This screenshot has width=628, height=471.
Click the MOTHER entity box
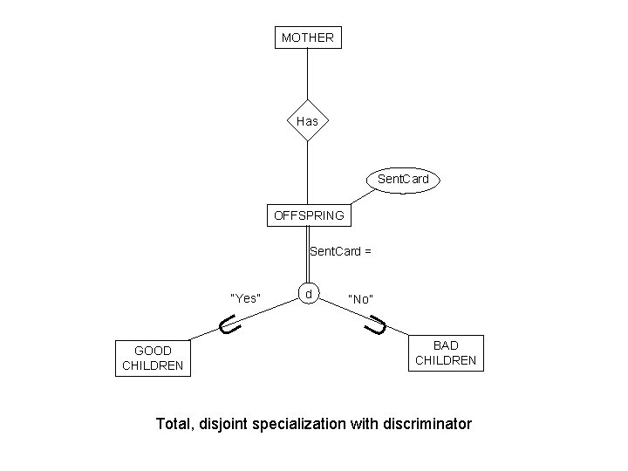pos(307,38)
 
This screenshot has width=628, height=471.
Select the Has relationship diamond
pos(307,122)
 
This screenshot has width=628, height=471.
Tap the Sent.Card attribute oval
pos(403,180)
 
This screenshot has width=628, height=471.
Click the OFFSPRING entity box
pos(309,215)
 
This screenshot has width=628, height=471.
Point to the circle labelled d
pos(309,294)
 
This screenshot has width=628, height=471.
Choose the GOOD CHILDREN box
pos(153,358)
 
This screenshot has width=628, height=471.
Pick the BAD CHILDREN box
pos(446,353)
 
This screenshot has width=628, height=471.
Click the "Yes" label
pos(244,298)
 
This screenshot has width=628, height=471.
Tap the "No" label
pos(361,299)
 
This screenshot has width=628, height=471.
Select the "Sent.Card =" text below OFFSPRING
pos(341,252)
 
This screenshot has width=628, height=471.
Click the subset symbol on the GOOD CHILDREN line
pos(229,327)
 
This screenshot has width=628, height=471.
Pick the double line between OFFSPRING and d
pos(308,255)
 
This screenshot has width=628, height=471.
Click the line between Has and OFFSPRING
pos(307,170)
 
